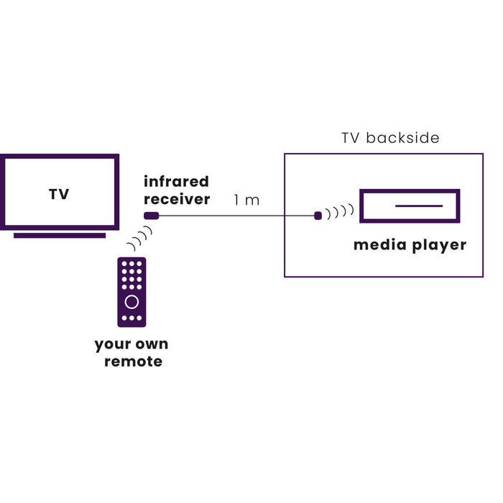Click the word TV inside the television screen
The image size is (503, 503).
pos(59,194)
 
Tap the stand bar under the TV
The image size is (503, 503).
pos(60,235)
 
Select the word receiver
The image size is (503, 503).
pos(177,199)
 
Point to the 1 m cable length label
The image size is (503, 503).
pos(246,200)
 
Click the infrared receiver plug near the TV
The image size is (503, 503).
pos(151,216)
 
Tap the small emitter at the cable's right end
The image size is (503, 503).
pos(318,215)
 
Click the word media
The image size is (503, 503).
pos(379,246)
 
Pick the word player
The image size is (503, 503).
pos(438,246)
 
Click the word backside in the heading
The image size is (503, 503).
pos(402,138)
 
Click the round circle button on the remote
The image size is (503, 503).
pos(131,300)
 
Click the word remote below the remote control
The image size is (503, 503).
pos(133,361)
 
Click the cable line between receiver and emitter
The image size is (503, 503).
pos(237,216)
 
